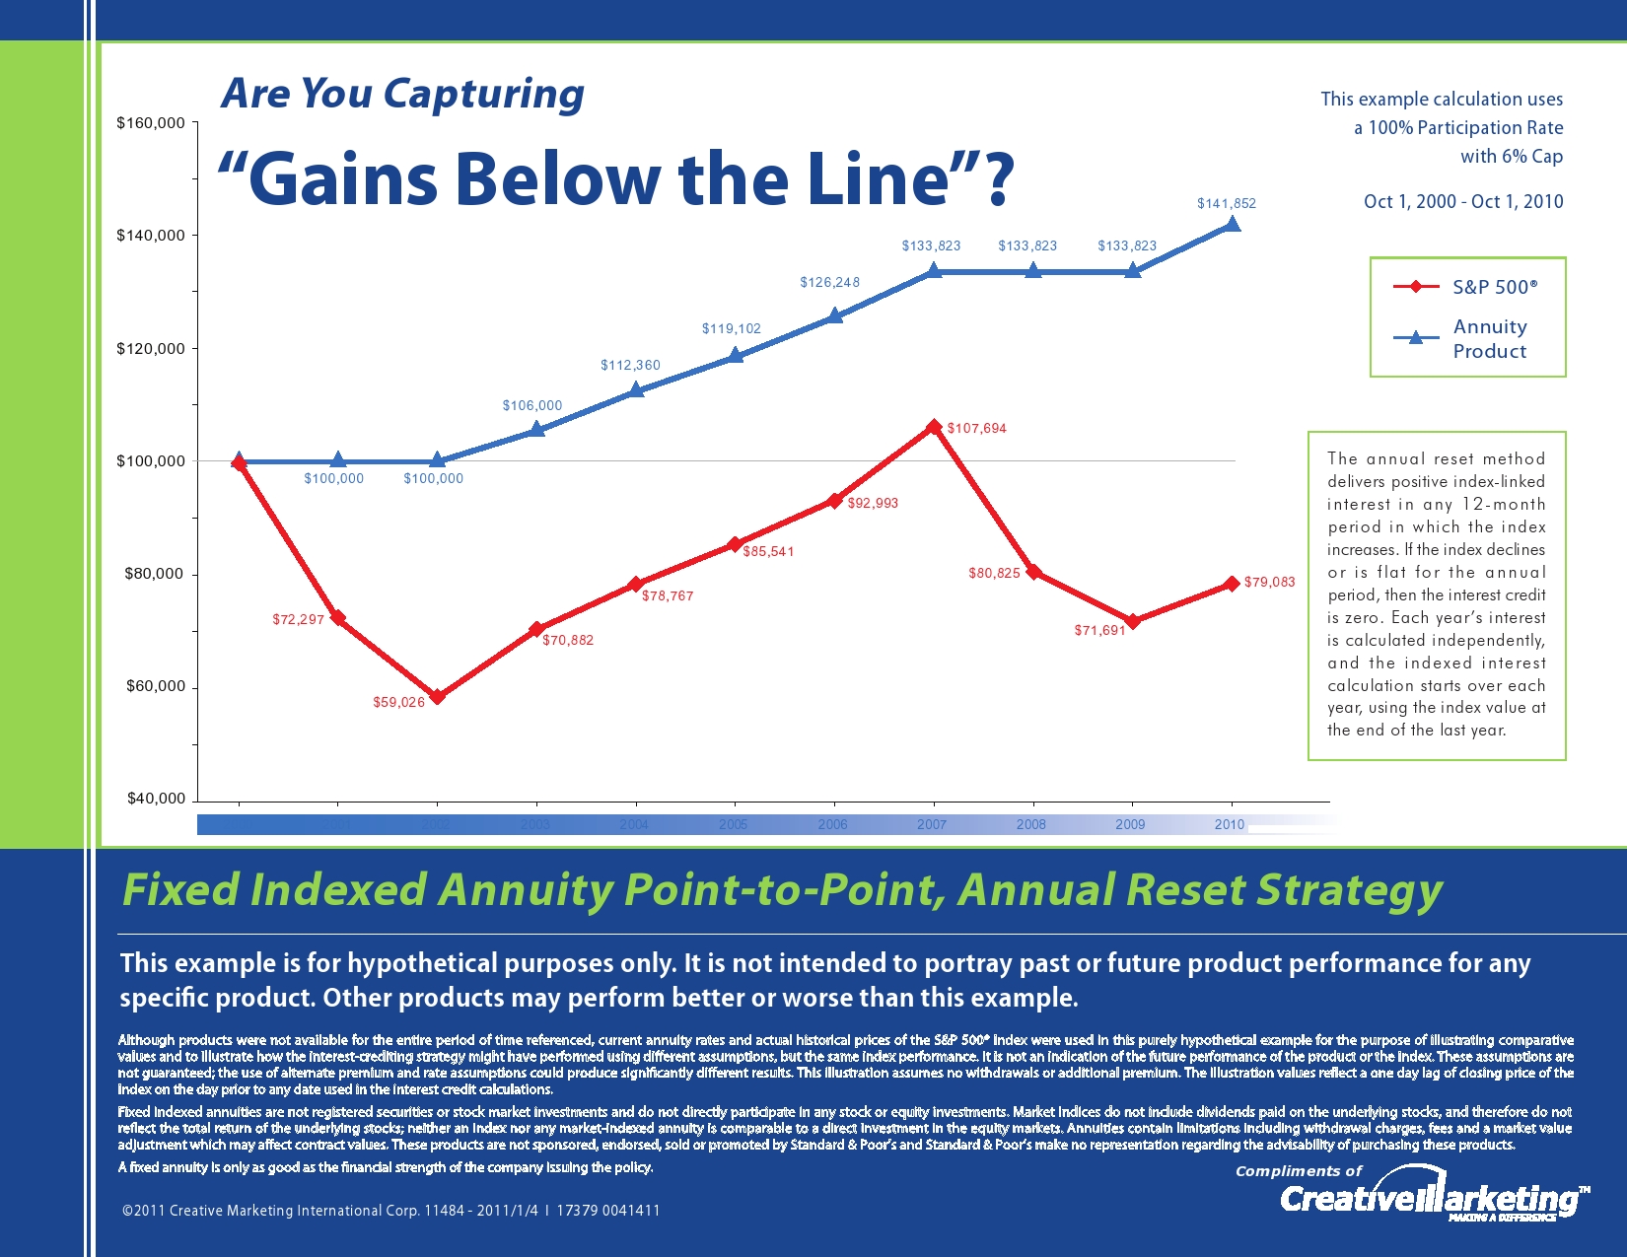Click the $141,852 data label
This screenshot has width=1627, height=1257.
click(x=1226, y=204)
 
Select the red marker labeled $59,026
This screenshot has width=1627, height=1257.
click(x=438, y=696)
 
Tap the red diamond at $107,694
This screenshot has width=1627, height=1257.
click(x=934, y=427)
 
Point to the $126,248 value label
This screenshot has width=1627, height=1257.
click(x=829, y=283)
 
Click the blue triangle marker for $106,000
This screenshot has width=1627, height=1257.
click(x=536, y=429)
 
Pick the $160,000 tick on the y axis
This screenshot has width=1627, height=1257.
click(x=151, y=123)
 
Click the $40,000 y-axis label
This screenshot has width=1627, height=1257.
click(x=156, y=799)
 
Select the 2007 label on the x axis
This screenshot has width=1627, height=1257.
click(x=932, y=824)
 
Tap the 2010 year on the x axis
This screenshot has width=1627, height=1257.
click(x=1229, y=824)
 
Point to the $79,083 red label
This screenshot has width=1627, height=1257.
click(x=1269, y=583)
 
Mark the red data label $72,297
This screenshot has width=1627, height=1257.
click(x=298, y=620)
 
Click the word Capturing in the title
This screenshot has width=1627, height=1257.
click(x=483, y=95)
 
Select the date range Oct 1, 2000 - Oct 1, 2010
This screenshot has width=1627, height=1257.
click(x=1462, y=202)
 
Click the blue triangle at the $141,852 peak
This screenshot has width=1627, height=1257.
click(x=1232, y=224)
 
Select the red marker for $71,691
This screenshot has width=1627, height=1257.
click(x=1133, y=621)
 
